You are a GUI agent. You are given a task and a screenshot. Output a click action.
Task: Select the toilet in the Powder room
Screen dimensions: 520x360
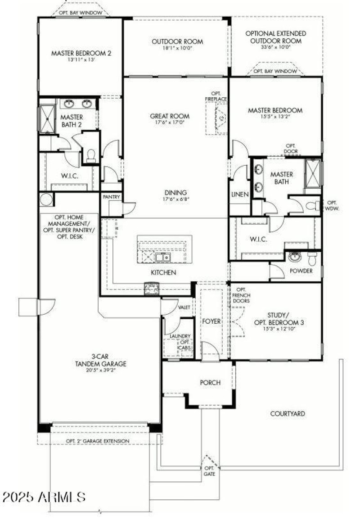(312, 258)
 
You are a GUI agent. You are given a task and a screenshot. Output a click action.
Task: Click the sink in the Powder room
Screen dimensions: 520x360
(295, 257)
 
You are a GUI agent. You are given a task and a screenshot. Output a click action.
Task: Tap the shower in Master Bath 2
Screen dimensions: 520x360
(46, 118)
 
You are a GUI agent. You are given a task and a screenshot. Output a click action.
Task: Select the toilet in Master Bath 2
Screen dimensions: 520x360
(91, 156)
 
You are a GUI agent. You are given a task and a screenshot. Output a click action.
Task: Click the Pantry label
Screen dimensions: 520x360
(111, 197)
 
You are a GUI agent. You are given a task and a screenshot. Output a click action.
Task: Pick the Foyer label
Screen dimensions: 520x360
(211, 321)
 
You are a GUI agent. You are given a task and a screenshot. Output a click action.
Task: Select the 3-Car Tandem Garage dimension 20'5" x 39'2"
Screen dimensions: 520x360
(101, 371)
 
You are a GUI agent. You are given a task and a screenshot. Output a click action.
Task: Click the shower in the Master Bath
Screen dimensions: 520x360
(312, 172)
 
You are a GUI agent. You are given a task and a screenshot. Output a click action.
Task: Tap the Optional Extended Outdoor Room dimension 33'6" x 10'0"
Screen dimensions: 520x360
(275, 46)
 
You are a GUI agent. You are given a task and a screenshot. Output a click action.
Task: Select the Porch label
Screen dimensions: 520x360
(210, 383)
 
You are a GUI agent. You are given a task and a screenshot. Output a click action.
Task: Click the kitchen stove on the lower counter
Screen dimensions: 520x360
(151, 288)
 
